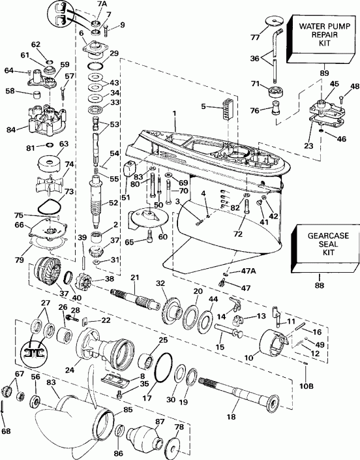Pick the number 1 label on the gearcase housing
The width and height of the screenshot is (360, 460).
click(174, 114)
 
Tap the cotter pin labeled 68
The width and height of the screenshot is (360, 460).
click(5, 420)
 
